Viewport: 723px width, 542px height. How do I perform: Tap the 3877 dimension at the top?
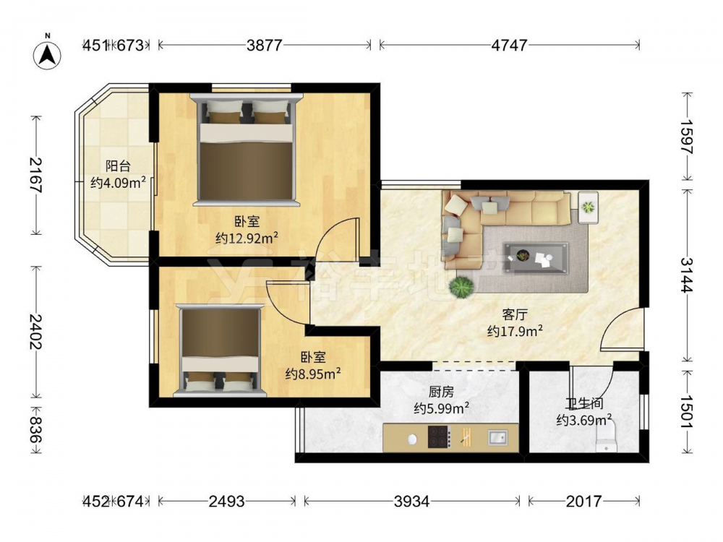(x=264, y=45)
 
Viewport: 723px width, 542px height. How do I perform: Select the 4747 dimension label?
(x=509, y=45)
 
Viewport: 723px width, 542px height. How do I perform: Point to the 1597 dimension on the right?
(x=687, y=137)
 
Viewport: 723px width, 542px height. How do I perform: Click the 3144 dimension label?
(x=687, y=275)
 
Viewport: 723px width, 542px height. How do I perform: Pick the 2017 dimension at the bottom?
(x=584, y=501)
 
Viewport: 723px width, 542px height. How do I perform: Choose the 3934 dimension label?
(x=412, y=501)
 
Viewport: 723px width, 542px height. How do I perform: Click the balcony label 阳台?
(x=118, y=166)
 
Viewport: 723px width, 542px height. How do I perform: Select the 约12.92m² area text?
(x=247, y=238)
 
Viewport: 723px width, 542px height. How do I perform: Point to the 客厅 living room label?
(x=515, y=315)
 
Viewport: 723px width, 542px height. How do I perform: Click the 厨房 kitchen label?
(x=441, y=392)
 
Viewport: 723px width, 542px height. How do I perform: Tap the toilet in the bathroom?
(x=607, y=439)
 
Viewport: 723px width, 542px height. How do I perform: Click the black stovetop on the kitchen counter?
(x=439, y=436)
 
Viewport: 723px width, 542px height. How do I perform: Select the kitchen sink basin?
(x=498, y=437)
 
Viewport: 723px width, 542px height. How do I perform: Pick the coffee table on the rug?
(x=536, y=257)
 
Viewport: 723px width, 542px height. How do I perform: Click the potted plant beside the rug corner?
(x=461, y=287)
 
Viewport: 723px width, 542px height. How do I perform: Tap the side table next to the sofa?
(x=588, y=207)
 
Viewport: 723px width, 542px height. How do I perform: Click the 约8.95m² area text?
(x=313, y=374)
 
